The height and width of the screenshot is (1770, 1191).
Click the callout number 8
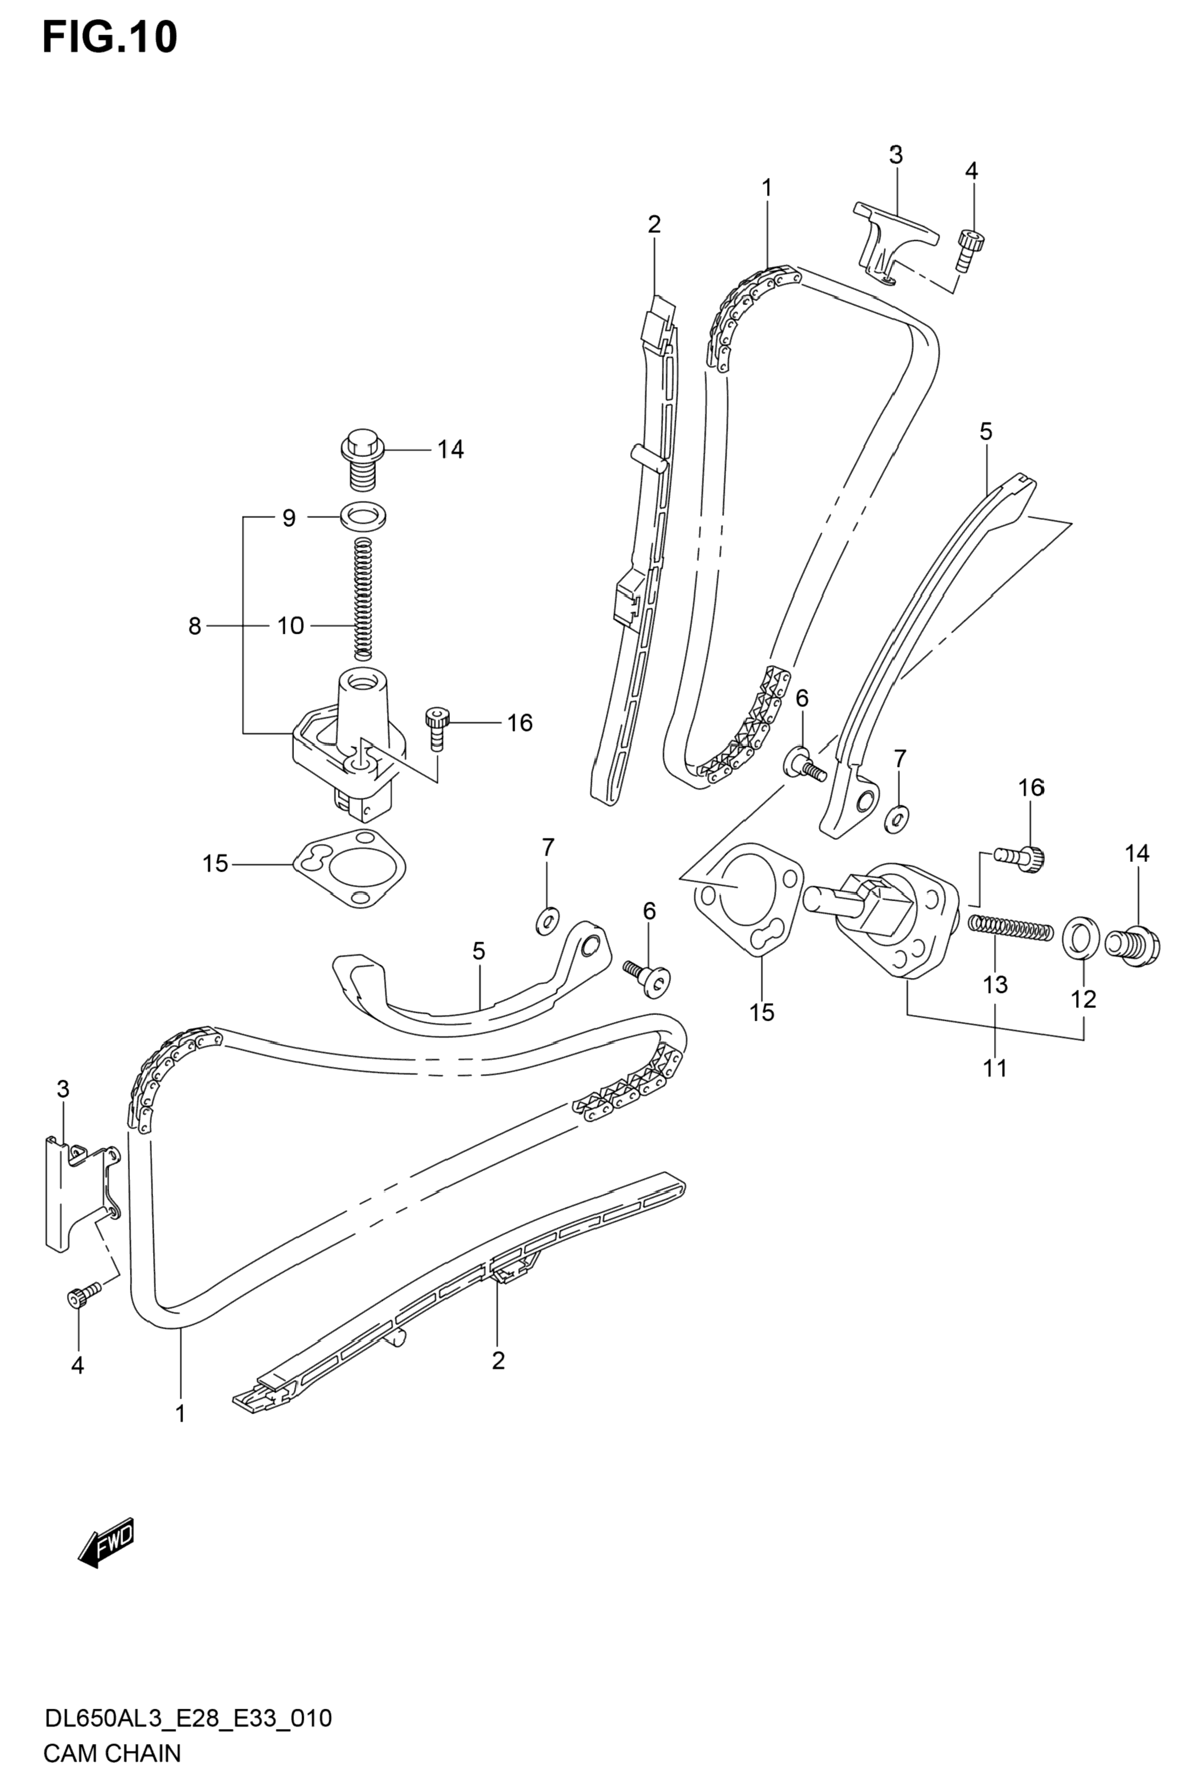coord(195,626)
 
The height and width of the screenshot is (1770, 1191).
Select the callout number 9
coord(289,519)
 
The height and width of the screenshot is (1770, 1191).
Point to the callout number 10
coord(290,626)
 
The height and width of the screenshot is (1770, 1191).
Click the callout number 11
coord(995,1068)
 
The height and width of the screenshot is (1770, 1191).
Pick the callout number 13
coord(995,984)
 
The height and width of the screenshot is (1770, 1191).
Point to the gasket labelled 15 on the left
coord(349,869)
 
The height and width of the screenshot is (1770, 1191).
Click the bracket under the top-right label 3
coord(895,243)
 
